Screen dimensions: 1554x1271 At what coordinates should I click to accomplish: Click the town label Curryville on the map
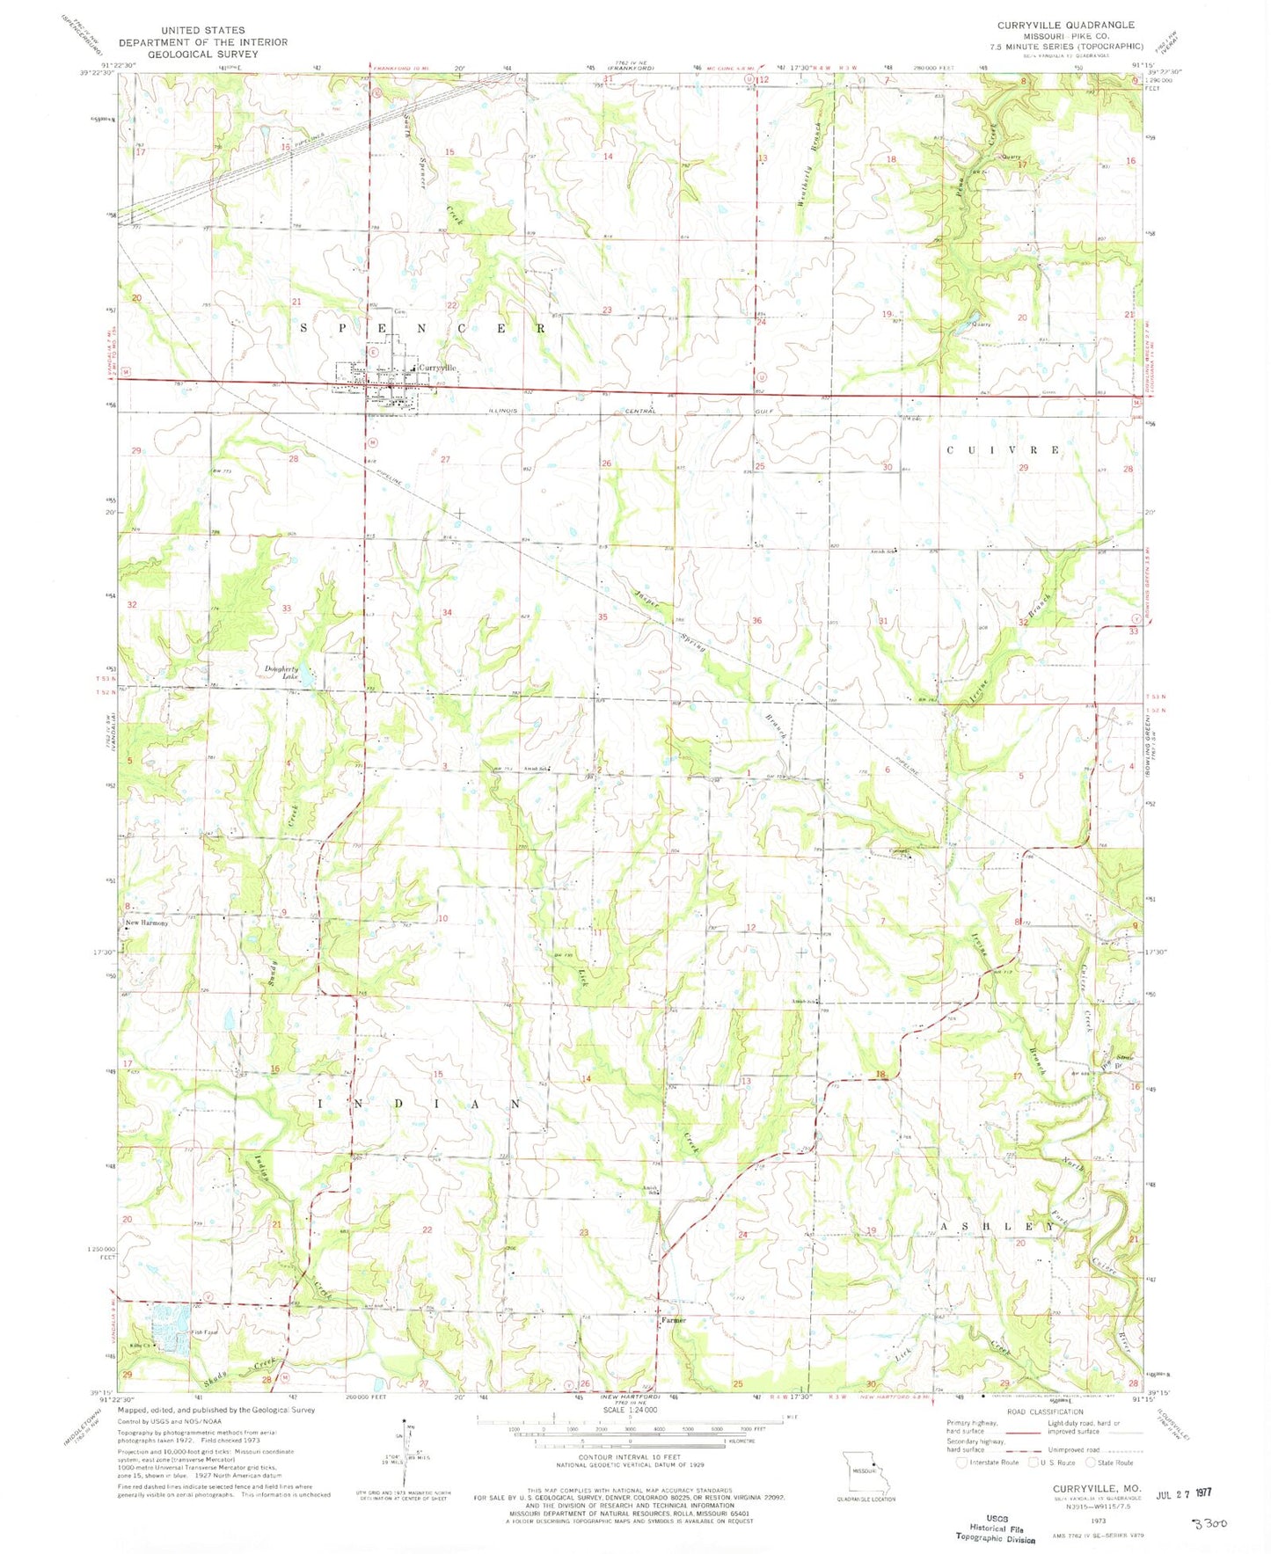pyautogui.click(x=438, y=367)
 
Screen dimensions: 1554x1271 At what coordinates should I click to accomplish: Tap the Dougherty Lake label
pyautogui.click(x=283, y=673)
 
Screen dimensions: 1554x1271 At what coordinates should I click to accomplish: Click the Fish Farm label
pyautogui.click(x=206, y=1332)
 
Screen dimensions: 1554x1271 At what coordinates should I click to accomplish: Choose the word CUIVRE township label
pyautogui.click(x=990, y=449)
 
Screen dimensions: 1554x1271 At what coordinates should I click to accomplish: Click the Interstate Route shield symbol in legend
pyautogui.click(x=961, y=1463)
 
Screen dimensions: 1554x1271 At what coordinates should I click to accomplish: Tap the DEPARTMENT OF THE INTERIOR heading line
pyautogui.click(x=203, y=41)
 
